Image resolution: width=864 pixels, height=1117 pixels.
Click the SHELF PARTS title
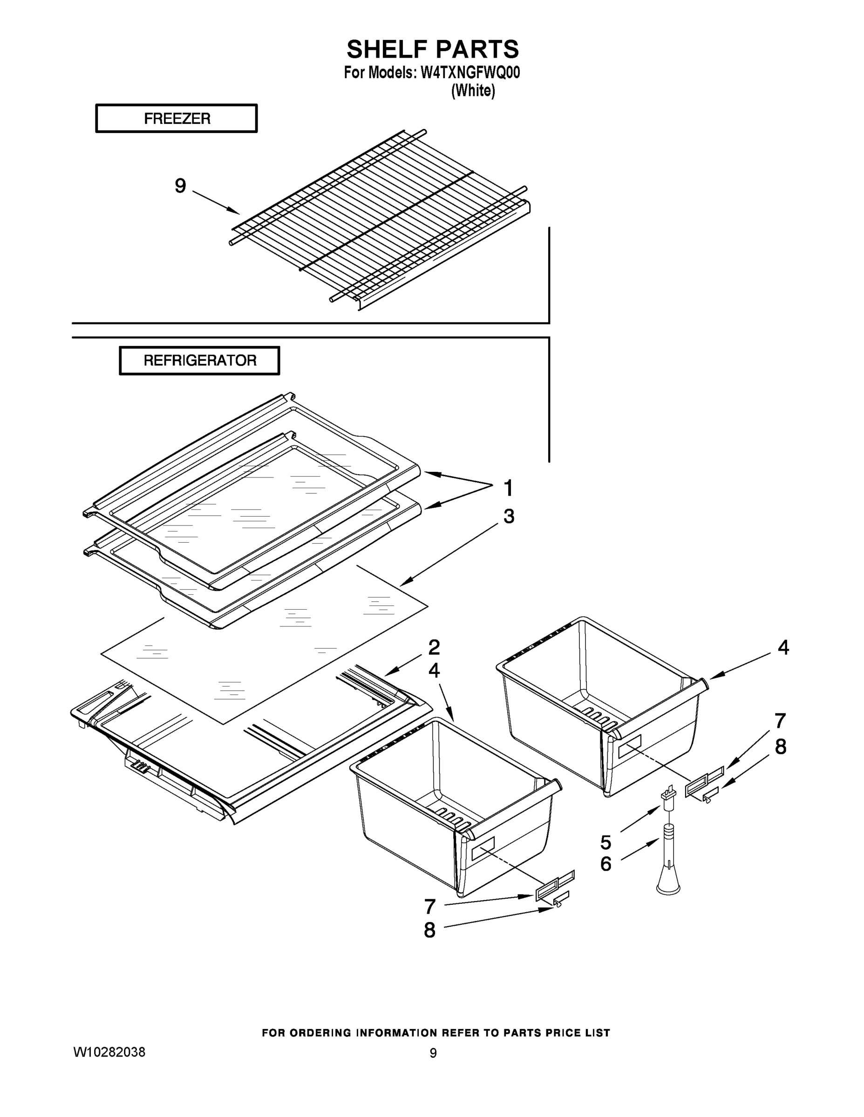pyautogui.click(x=433, y=50)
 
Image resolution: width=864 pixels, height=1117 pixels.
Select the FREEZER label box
pyautogui.click(x=177, y=119)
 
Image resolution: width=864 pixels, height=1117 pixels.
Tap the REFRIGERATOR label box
pyautogui.click(x=200, y=361)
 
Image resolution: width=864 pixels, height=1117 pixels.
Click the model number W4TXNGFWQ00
pyautogui.click(x=470, y=73)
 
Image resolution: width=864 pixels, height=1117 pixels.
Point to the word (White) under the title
pyautogui.click(x=472, y=91)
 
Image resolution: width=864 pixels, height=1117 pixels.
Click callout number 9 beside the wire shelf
pyautogui.click(x=180, y=186)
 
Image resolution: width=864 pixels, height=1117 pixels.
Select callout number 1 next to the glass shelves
pyautogui.click(x=508, y=488)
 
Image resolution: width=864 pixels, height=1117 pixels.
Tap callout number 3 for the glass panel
pyautogui.click(x=508, y=517)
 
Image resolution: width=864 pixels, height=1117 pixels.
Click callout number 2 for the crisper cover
pyautogui.click(x=434, y=647)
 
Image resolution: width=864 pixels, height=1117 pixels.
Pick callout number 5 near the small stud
pyautogui.click(x=605, y=842)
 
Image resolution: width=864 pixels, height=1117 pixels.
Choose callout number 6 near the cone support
pyautogui.click(x=605, y=864)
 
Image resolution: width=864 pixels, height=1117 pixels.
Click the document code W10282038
pyautogui.click(x=109, y=1052)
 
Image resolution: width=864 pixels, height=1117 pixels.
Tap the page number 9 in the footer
pyautogui.click(x=433, y=1053)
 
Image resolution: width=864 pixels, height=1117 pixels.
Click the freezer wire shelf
pyautogui.click(x=379, y=220)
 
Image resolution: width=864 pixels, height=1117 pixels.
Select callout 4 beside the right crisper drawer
pyautogui.click(x=783, y=648)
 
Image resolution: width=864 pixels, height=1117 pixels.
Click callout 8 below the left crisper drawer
pyautogui.click(x=429, y=930)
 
